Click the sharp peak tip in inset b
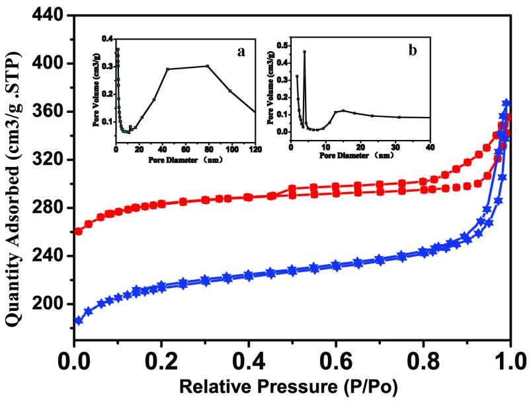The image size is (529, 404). click(304, 51)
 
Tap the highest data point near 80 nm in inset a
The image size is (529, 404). click(208, 66)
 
